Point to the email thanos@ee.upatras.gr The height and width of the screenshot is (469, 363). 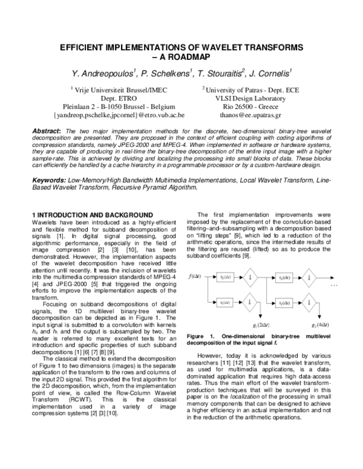click(241, 113)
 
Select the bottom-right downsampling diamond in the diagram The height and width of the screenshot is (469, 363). click(309, 302)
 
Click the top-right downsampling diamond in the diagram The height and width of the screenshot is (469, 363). click(309, 277)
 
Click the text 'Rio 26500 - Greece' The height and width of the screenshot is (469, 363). click(241, 105)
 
